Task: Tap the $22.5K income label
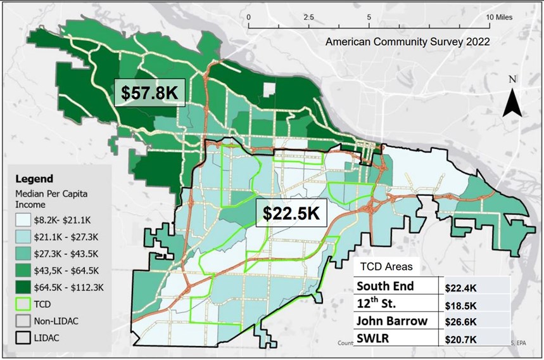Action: (291, 214)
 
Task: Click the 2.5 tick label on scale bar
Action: (309, 17)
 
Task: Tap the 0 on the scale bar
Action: (250, 17)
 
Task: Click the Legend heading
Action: (34, 179)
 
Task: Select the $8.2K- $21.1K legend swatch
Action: (25, 221)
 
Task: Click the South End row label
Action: (385, 286)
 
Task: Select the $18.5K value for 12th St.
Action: (462, 304)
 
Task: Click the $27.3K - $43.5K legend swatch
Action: (25, 254)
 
